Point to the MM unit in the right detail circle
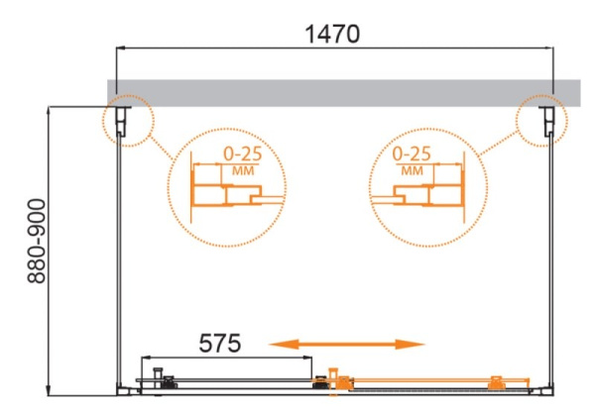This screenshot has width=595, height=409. pos(414,170)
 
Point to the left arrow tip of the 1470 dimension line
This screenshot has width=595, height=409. pos(120,47)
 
